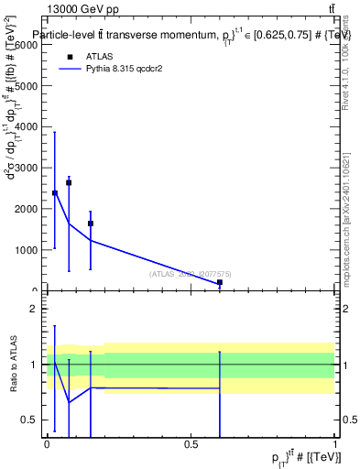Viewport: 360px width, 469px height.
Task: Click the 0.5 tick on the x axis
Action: [x=191, y=444]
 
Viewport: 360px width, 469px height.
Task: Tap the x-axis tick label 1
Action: [x=336, y=444]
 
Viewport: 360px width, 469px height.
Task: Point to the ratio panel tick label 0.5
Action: [x=28, y=420]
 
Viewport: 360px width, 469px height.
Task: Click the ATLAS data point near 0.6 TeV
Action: [x=220, y=282]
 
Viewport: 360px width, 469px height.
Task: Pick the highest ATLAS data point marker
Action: [x=69, y=183]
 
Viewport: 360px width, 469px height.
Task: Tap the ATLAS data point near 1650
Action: [x=91, y=223]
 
